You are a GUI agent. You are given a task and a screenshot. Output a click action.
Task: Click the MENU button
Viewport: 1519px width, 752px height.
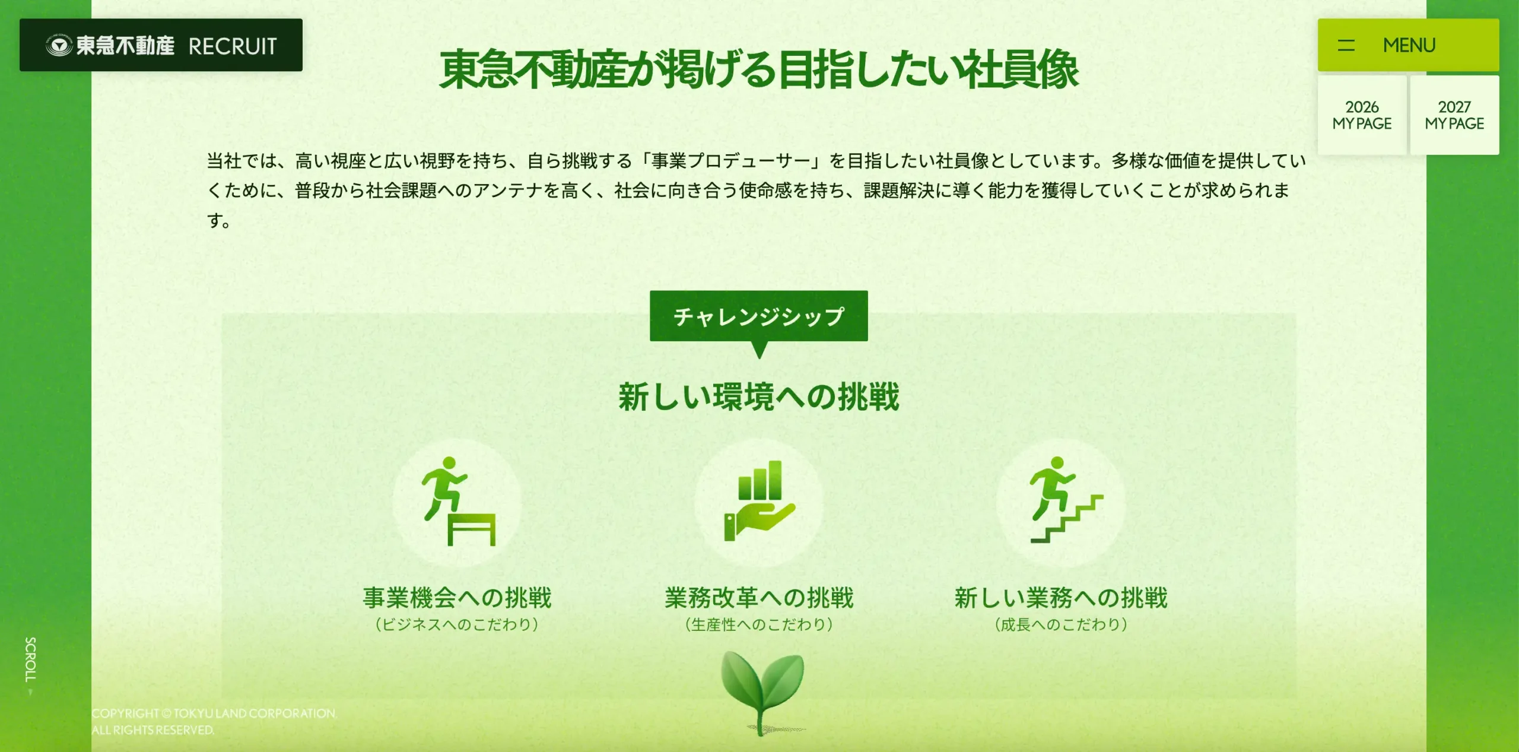coord(1408,45)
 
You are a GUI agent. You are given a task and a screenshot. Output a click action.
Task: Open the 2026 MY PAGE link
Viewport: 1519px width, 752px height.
coord(1362,115)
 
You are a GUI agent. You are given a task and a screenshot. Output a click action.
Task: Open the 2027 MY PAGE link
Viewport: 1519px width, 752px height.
coord(1454,115)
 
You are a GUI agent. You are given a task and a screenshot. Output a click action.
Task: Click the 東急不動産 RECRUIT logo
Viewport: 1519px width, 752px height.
coord(161,45)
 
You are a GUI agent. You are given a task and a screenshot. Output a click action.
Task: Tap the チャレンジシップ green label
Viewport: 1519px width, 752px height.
coord(759,316)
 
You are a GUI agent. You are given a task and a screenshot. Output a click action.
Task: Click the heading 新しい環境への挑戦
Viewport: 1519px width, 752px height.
coord(759,397)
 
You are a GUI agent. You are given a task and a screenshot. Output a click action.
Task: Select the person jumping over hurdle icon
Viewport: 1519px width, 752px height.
coord(457,502)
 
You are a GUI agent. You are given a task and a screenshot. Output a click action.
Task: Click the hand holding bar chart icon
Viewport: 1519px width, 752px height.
coord(759,500)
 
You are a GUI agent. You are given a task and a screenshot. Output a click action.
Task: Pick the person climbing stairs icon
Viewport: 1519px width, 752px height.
coord(1065,500)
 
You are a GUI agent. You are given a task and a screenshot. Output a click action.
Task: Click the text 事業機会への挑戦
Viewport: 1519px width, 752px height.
coord(457,598)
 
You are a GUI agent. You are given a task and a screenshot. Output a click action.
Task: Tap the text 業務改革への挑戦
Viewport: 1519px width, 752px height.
coord(759,598)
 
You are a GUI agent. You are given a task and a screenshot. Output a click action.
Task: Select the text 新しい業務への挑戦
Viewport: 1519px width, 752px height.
coord(1061,598)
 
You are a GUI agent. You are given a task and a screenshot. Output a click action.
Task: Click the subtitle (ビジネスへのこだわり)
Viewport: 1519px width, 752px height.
coord(457,624)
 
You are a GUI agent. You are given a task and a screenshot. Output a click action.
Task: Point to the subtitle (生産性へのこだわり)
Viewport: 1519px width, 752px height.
coord(759,624)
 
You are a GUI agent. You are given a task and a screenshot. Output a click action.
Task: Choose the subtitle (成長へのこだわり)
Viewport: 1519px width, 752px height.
coord(1061,624)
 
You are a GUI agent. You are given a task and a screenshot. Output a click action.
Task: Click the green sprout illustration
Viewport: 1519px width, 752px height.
coord(762,691)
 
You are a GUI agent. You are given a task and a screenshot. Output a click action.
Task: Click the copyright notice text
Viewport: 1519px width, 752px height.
coord(214,722)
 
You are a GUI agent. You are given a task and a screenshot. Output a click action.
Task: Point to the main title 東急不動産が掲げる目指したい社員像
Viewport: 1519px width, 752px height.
coord(759,70)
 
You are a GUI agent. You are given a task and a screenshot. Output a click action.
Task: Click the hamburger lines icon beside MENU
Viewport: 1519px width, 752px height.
coord(1346,45)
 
